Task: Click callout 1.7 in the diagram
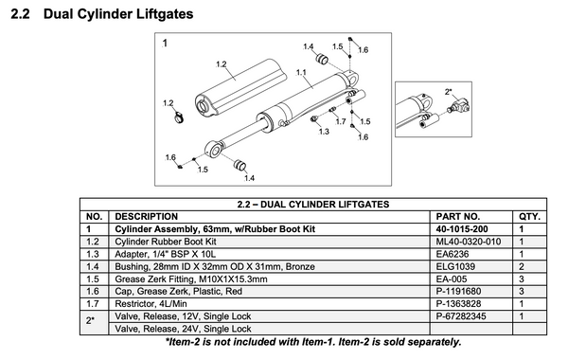point(340,121)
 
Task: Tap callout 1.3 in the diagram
point(325,133)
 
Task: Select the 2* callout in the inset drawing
point(448,91)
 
